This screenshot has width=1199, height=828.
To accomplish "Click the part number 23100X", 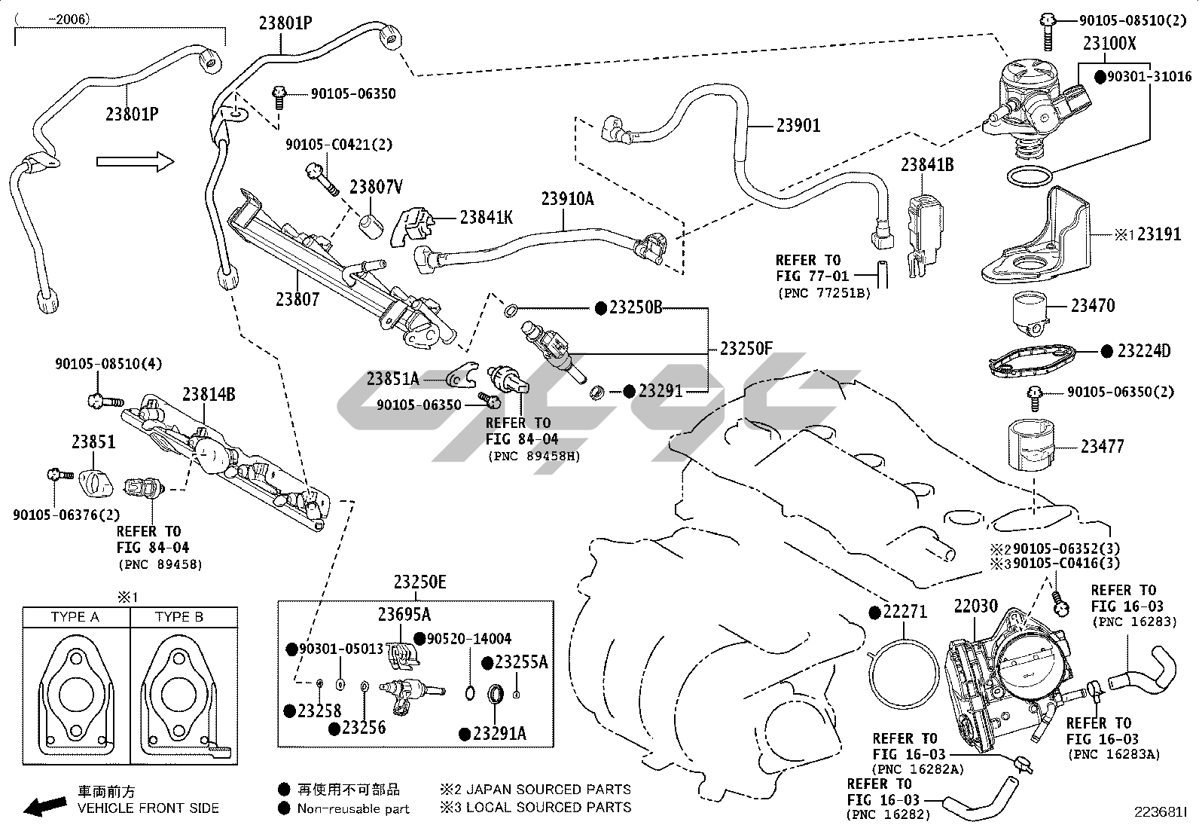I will (x=1109, y=44).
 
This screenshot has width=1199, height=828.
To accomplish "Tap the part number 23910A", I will (x=567, y=199).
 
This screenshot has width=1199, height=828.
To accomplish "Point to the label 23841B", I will (x=927, y=164).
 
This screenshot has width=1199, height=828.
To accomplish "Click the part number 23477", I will (x=1102, y=447).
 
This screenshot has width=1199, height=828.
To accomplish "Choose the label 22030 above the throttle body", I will (x=976, y=606).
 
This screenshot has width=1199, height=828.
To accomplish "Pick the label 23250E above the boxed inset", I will (x=419, y=582).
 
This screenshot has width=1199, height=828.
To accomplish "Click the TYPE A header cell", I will (x=75, y=617).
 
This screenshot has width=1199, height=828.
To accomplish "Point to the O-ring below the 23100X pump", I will (x=1029, y=178).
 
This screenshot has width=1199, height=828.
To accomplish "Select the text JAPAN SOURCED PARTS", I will (x=548, y=790).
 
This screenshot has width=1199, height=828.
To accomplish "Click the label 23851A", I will (x=392, y=379).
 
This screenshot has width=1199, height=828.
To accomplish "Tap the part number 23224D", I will (x=1144, y=351).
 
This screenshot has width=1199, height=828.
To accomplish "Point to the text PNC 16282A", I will (x=910, y=769).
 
